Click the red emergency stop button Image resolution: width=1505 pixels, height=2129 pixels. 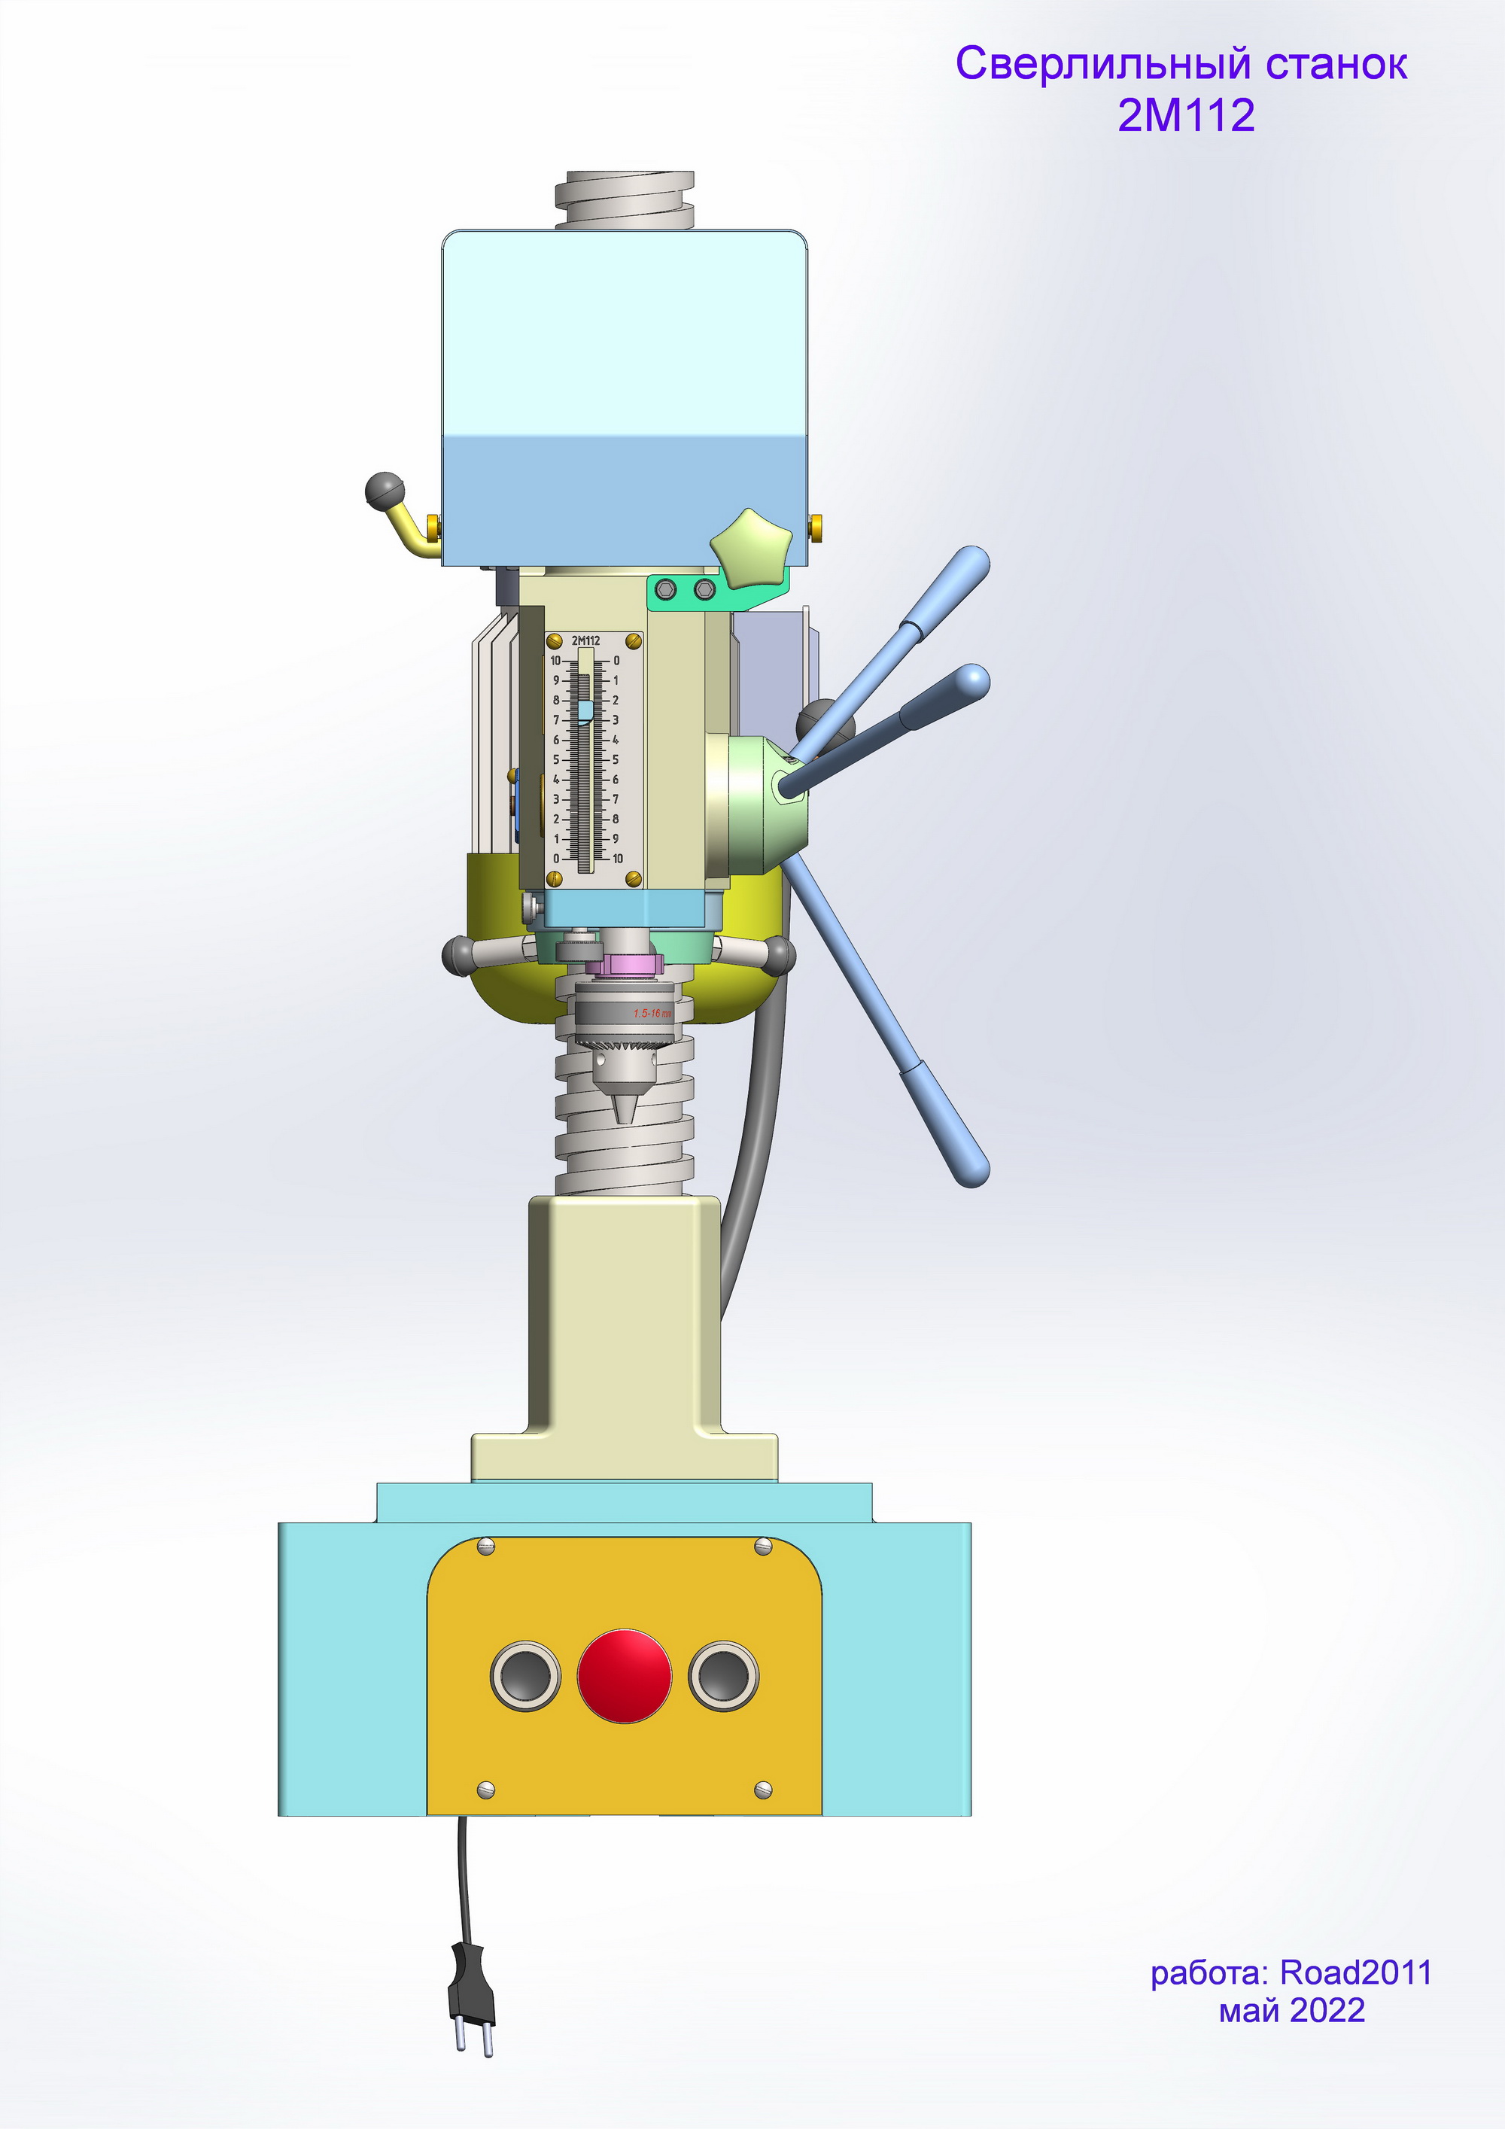pyautogui.click(x=623, y=1675)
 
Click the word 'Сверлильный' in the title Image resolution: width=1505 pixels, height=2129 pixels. pyautogui.click(x=1103, y=65)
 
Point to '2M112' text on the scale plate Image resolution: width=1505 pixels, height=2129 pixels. pyautogui.click(x=585, y=640)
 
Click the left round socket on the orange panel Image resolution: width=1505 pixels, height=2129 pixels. pyautogui.click(x=524, y=1675)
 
